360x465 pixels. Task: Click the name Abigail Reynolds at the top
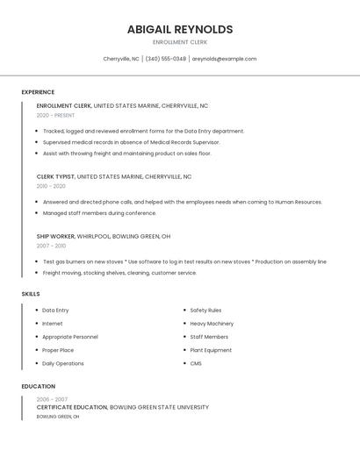pos(179,29)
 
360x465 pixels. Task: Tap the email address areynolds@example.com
pos(224,59)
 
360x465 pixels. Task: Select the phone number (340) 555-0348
pos(165,59)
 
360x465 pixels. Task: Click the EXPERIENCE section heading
pos(38,92)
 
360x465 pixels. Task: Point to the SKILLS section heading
pos(31,294)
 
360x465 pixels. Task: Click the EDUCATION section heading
pos(38,386)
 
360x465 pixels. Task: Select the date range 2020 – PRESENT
pos(55,115)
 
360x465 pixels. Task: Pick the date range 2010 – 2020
pos(51,186)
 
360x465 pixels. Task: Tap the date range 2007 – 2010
pos(51,246)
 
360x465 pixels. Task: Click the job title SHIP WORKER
pos(55,236)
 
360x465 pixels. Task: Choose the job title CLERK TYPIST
pos(55,176)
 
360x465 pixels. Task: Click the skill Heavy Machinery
pos(212,324)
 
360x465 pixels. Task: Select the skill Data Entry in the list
pos(55,311)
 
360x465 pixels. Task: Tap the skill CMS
pos(196,363)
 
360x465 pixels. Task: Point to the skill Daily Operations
pos(63,363)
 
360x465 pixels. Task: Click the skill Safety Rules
pos(205,311)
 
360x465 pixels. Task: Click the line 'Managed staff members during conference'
pos(99,213)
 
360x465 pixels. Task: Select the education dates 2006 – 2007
pos(52,399)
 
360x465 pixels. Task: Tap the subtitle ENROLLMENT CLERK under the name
pos(179,42)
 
